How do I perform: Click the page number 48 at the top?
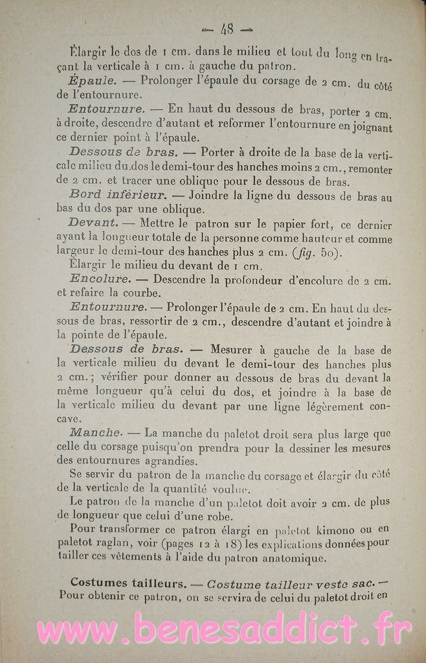(227, 28)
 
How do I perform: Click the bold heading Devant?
(92, 223)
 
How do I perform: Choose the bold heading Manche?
(95, 433)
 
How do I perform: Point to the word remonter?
(366, 168)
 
